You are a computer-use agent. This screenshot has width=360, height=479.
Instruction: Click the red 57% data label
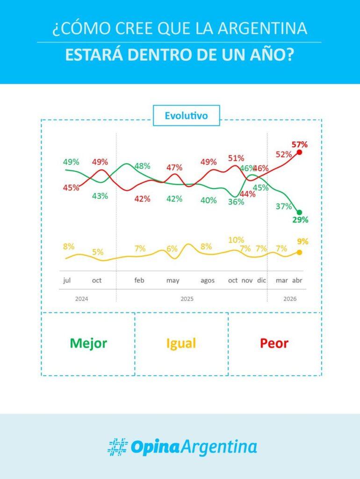click(300, 144)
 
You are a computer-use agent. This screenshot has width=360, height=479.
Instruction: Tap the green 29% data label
click(300, 219)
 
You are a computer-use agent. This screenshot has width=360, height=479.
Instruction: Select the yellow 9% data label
click(302, 242)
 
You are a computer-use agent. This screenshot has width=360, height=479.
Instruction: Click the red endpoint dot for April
click(300, 152)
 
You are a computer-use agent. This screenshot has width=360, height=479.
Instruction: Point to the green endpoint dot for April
click(299, 212)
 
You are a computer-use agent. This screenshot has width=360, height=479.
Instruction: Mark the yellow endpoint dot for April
click(299, 253)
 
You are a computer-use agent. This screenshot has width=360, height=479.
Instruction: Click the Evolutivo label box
click(186, 116)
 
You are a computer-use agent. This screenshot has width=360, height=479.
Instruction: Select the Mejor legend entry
click(88, 343)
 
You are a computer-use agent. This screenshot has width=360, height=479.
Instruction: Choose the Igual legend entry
click(181, 343)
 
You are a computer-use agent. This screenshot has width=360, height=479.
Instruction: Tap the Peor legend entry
click(274, 343)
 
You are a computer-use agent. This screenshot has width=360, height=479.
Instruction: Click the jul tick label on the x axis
click(67, 281)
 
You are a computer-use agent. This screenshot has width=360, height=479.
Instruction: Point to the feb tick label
click(139, 281)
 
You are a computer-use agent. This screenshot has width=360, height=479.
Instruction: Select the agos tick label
click(208, 281)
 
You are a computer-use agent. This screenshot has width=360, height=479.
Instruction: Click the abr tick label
click(297, 281)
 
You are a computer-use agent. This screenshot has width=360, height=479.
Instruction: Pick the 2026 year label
click(290, 298)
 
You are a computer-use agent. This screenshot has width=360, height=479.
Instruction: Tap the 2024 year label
click(82, 298)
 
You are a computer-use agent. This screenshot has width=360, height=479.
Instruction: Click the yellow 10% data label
click(236, 240)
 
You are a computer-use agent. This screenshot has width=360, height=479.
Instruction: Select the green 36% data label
click(236, 202)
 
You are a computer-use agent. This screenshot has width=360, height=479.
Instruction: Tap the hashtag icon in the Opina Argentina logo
click(117, 447)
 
